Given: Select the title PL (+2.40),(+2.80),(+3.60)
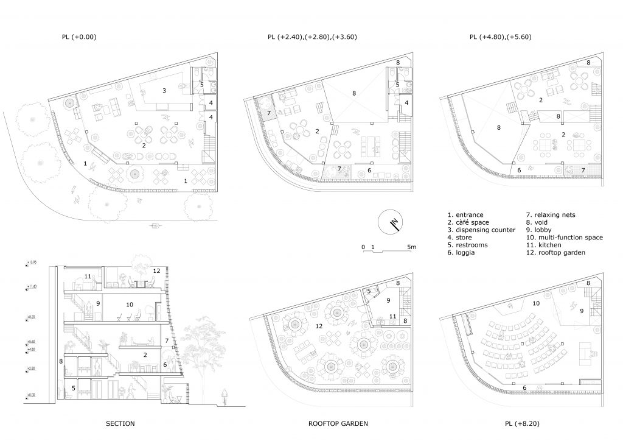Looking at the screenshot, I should [x=312, y=37].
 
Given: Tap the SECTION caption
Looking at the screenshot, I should [x=120, y=423].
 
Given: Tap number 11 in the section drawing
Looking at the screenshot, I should [x=88, y=277].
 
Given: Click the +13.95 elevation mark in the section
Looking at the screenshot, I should [x=32, y=263].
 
